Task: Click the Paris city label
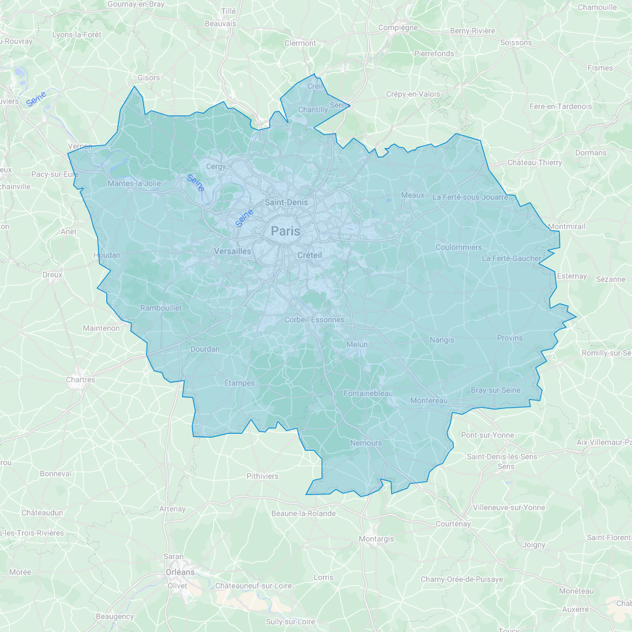point(286,231)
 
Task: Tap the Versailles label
point(232,251)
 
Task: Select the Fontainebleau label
point(369,393)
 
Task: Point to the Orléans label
point(179,572)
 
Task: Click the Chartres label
point(80,380)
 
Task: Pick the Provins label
point(509,338)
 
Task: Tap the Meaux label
point(412,195)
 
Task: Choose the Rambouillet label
point(160,308)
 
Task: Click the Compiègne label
point(398,27)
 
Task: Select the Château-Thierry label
point(534,162)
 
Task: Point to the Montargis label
point(376,539)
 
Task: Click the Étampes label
point(239,383)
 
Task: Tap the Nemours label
point(366,443)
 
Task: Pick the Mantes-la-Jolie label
point(134,183)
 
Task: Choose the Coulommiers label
point(459,247)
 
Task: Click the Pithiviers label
point(262,476)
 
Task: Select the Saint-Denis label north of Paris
point(286,202)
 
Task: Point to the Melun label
point(357,344)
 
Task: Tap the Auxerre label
point(575,609)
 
